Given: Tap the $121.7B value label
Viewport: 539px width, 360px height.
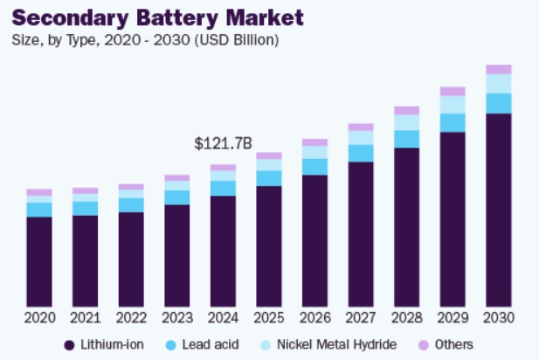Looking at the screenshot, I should pyautogui.click(x=222, y=142).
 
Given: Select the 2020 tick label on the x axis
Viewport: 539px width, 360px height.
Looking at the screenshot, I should pyautogui.click(x=39, y=316).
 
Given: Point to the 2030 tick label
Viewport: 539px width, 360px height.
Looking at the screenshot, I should pyautogui.click(x=498, y=316).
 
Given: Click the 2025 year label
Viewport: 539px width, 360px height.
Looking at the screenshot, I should pyautogui.click(x=268, y=316).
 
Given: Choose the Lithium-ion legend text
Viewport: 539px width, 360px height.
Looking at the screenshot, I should pyautogui.click(x=114, y=345).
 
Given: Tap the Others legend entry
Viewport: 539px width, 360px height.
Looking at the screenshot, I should pyautogui.click(x=453, y=345).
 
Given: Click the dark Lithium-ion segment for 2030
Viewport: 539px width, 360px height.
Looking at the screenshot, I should pyautogui.click(x=498, y=210).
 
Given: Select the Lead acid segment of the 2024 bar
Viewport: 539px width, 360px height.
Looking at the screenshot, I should pyautogui.click(x=223, y=188).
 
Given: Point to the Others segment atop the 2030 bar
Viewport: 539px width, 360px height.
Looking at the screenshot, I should pyautogui.click(x=498, y=69).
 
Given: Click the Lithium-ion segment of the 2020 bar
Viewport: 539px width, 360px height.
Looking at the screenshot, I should pyautogui.click(x=39, y=262).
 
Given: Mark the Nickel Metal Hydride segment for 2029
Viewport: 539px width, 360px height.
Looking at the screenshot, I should pyautogui.click(x=453, y=104).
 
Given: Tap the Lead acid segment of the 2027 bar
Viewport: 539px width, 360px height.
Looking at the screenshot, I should pyautogui.click(x=360, y=153).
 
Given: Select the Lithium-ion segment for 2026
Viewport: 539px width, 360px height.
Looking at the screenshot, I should pyautogui.click(x=314, y=240).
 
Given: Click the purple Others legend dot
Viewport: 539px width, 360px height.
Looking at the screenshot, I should pyautogui.click(x=422, y=345).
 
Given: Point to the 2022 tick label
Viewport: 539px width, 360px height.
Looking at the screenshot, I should pyautogui.click(x=131, y=316).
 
